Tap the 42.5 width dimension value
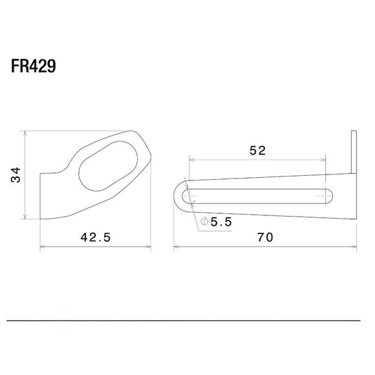click(96, 237)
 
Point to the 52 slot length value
click(257, 151)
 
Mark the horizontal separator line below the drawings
click(187, 320)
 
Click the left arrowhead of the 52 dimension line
click(191, 158)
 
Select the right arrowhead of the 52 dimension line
click(325, 158)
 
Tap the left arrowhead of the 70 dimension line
click(176, 246)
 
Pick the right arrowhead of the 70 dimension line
click(355, 246)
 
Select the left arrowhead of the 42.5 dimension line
click(43, 246)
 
